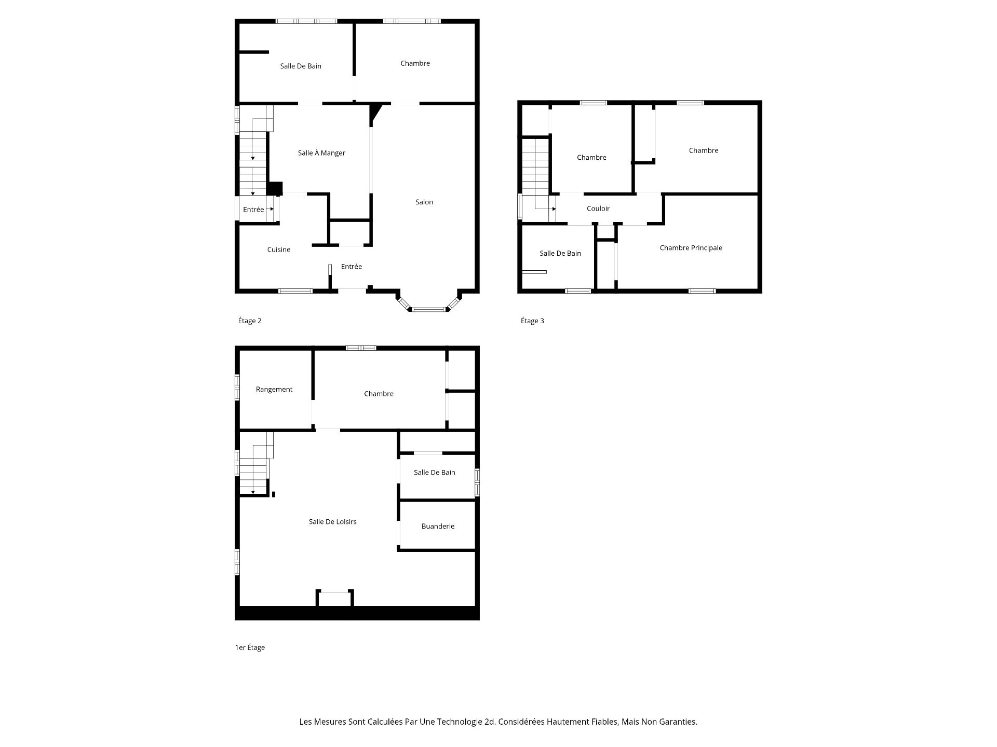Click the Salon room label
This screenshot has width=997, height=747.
point(424,202)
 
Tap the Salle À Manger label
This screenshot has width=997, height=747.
point(321,153)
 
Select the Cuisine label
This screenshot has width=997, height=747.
point(279,250)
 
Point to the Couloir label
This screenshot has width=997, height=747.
point(598,209)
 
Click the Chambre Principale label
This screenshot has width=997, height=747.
point(691,248)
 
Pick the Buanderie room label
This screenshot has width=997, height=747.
point(438,526)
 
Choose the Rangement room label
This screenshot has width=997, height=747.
point(274,390)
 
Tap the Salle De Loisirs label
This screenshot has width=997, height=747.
point(332,522)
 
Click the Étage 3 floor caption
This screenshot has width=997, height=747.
point(532,321)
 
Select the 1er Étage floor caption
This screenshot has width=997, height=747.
point(250,647)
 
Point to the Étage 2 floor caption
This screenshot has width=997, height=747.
point(250,321)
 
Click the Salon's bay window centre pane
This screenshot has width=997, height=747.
point(429,310)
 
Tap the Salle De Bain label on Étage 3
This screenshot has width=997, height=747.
point(560,253)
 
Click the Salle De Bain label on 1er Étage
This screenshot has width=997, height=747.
point(434,472)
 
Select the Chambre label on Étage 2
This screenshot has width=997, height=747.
point(415,63)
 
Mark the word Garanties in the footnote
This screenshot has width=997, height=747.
point(678,722)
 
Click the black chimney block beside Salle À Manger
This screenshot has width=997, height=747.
point(275,188)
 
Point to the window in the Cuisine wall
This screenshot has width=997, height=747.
point(295,291)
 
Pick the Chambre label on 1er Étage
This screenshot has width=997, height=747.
point(379,394)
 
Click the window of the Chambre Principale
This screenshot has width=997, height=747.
point(702,291)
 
